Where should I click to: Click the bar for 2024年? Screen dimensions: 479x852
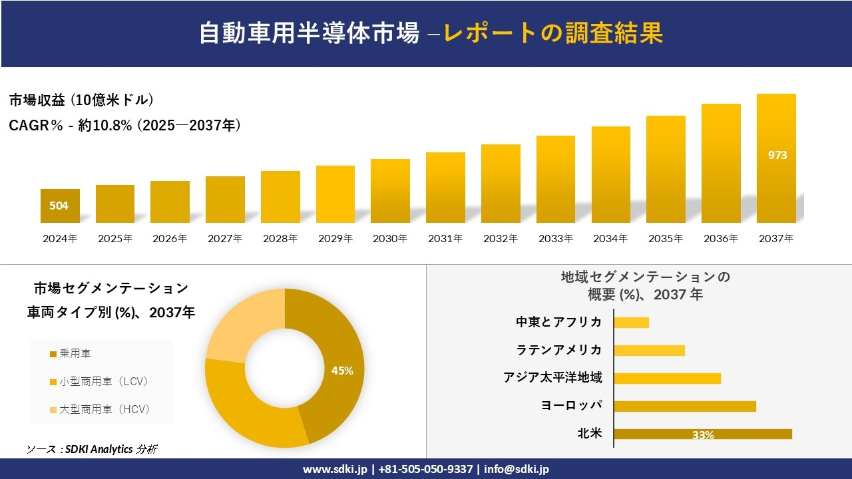60,206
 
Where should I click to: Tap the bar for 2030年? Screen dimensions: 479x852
390,191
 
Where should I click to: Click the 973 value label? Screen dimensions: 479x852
777,155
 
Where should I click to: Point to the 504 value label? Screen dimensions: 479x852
59,206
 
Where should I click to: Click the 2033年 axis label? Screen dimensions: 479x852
555,238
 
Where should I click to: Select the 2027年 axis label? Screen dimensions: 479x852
225,238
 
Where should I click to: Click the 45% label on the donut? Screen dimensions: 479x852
342,371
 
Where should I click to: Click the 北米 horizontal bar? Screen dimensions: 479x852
703,434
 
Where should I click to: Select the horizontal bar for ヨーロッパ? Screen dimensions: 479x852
685,406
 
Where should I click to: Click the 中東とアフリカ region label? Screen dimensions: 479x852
559,322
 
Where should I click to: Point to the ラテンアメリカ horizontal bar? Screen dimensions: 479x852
649,350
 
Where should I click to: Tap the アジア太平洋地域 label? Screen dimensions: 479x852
553,378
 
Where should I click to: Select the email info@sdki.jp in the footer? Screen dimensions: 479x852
517,469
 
